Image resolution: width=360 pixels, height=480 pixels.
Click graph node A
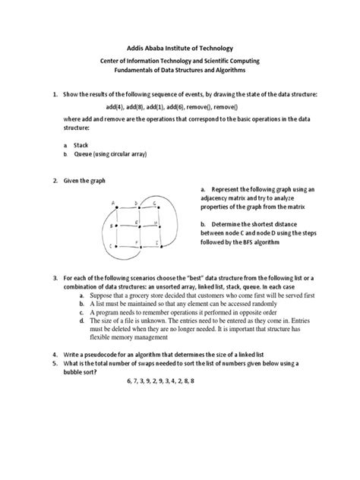pos(115,203)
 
